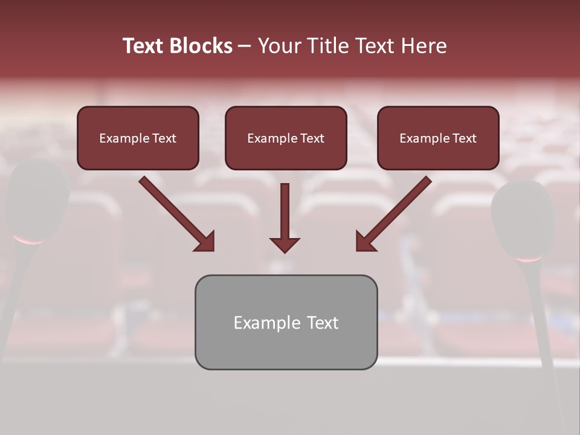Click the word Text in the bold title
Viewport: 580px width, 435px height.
pos(143,46)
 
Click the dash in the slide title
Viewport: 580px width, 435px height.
pos(245,47)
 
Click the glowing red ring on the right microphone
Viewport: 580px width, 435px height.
pos(529,259)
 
